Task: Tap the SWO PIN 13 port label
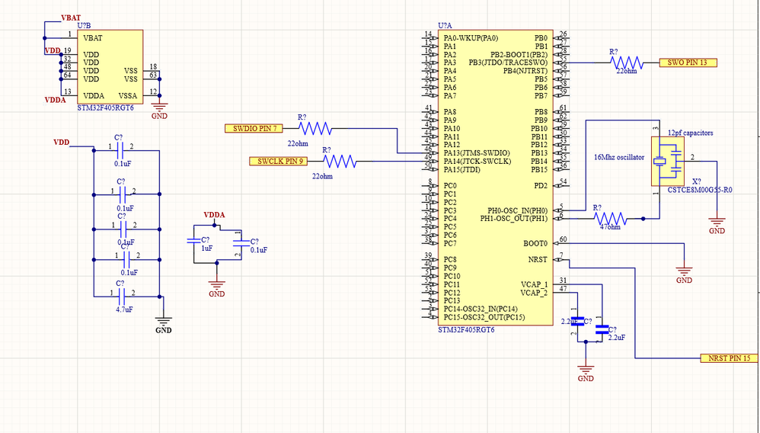688,63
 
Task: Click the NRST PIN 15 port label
730,358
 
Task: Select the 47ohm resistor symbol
609,218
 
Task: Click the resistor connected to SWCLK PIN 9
337,161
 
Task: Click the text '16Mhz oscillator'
619,157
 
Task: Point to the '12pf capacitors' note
690,133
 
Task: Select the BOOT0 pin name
535,243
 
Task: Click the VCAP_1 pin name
534,284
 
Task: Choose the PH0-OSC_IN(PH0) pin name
517,210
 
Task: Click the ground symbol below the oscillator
717,226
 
